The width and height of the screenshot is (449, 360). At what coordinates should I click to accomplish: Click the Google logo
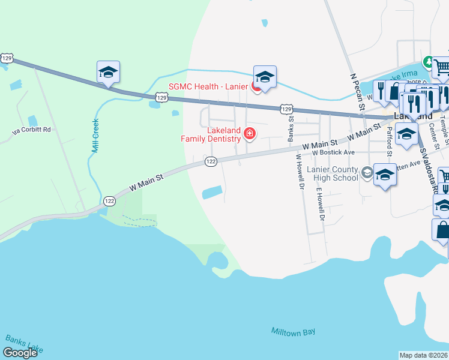[x=20, y=353]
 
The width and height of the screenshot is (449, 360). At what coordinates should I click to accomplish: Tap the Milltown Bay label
[x=293, y=332]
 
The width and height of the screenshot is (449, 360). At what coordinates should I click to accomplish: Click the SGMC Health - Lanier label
[x=208, y=86]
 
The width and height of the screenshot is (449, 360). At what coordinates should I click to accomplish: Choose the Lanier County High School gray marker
[x=366, y=174]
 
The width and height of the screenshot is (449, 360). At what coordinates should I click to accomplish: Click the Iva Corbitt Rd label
[x=34, y=130]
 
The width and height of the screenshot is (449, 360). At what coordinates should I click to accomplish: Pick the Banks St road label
[x=291, y=127]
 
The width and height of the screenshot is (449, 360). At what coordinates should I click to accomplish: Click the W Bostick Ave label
[x=333, y=152]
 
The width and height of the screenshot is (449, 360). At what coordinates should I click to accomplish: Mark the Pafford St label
[x=389, y=142]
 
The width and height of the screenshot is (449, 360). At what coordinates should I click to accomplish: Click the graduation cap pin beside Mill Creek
[x=108, y=72]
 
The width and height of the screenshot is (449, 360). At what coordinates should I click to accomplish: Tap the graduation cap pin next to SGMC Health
[x=265, y=77]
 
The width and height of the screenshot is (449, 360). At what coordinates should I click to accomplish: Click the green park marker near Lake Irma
[x=428, y=61]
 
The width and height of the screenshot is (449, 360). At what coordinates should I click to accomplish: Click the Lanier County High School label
[x=332, y=174]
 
